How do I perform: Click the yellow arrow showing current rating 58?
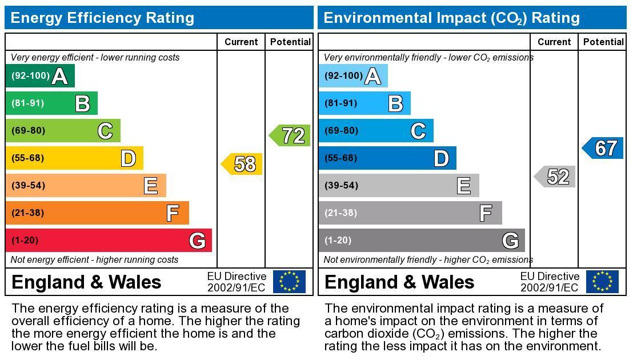coord(243,164)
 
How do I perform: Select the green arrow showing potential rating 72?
coord(291,135)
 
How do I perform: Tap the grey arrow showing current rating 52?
coord(556,177)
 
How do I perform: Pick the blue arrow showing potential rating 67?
coord(604,148)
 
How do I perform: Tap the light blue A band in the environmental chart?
coord(353,75)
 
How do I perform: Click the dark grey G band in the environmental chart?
coord(422,240)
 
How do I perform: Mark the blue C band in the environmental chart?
coord(376,130)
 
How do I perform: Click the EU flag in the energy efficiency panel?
coord(289,282)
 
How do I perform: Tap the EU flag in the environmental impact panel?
coord(602,282)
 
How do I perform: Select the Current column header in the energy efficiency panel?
coord(241,42)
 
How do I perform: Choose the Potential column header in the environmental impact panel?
coord(603,42)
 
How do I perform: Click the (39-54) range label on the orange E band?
coord(28,185)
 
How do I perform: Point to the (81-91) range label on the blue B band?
coord(341,103)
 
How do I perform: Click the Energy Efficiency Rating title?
coord(102,18)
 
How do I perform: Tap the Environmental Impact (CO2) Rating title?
coord(451,18)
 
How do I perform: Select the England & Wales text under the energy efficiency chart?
coord(86,282)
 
